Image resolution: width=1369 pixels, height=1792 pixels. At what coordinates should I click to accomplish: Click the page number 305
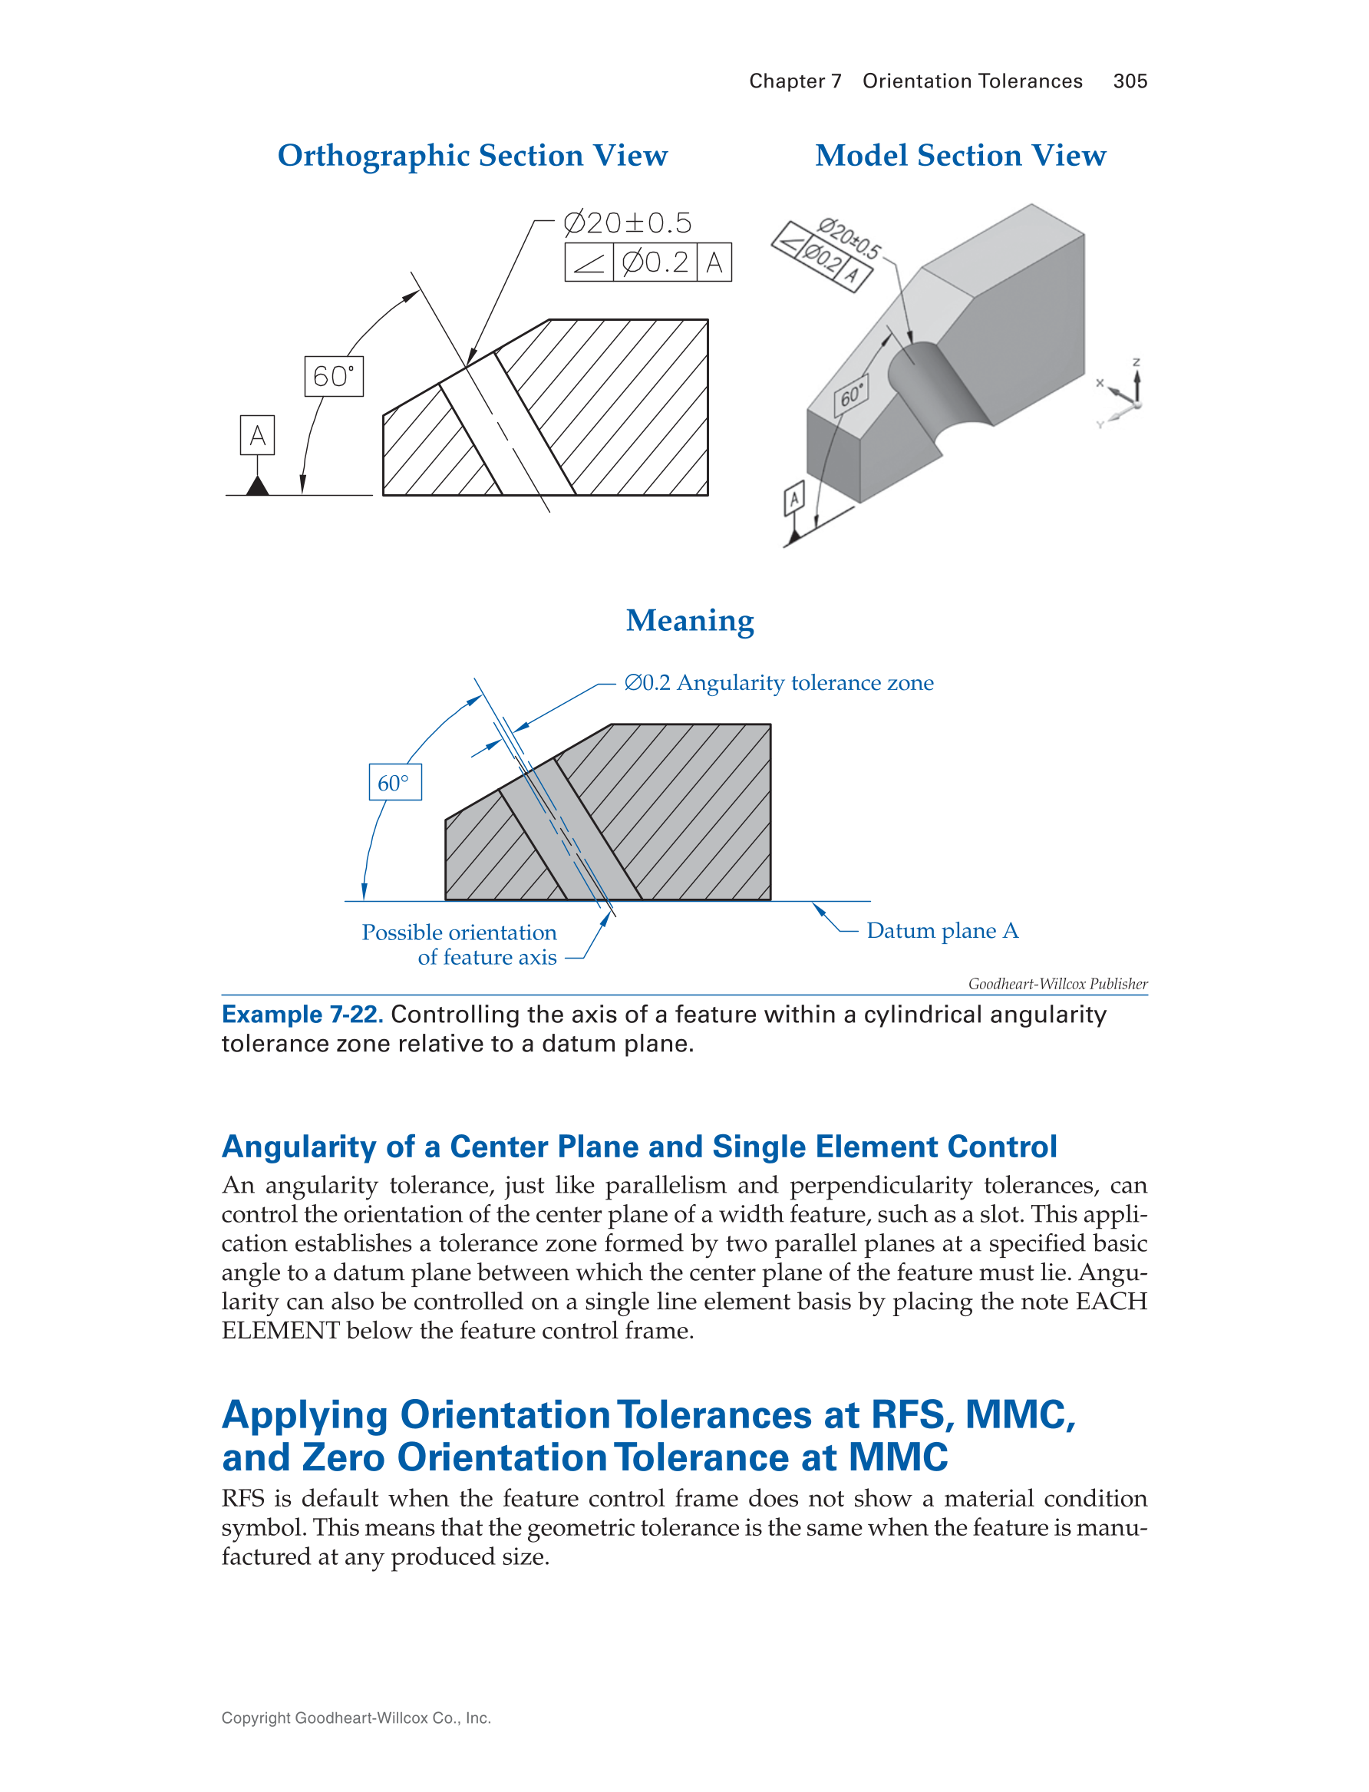coord(1130,81)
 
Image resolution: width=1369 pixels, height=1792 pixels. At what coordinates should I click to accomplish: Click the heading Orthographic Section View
coord(473,155)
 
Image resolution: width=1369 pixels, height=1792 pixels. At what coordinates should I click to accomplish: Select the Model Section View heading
coord(961,155)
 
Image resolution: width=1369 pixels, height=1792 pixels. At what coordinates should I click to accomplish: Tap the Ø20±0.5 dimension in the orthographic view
coord(628,223)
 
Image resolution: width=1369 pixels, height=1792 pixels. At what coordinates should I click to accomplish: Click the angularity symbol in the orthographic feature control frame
coord(589,262)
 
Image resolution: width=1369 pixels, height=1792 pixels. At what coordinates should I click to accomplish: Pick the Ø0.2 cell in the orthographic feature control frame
coord(655,262)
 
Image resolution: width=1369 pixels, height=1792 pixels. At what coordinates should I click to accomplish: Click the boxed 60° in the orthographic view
coord(333,377)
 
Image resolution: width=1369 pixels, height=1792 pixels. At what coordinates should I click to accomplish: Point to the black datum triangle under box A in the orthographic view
coord(258,487)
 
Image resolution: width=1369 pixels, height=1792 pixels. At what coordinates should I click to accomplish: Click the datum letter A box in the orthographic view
coord(258,435)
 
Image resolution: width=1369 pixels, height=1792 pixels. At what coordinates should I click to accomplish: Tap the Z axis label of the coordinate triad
coord(1136,361)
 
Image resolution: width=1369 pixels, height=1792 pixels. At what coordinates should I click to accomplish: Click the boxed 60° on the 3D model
coord(850,395)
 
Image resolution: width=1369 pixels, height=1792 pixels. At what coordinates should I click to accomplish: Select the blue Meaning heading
coord(689,620)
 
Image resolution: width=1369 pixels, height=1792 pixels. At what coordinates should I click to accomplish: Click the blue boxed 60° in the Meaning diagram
coord(394,782)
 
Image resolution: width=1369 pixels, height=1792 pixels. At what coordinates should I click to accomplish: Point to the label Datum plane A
coord(942,931)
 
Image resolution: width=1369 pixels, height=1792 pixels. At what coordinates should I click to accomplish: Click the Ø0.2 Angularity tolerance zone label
coord(778,683)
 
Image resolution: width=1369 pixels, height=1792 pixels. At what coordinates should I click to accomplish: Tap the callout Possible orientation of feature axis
coord(460,945)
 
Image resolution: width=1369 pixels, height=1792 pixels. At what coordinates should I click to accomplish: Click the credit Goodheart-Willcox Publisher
coord(1057,984)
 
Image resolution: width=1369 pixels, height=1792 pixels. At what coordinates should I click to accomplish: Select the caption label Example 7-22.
coord(302,1015)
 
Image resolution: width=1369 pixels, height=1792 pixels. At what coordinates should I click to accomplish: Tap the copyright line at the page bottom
coord(356,1718)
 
